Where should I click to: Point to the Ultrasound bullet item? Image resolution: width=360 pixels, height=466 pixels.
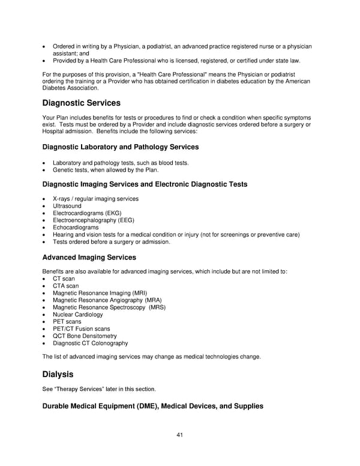tap(67, 206)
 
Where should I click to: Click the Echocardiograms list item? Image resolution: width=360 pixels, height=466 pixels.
tap(76, 228)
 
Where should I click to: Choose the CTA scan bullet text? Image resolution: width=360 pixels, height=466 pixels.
tap(65, 286)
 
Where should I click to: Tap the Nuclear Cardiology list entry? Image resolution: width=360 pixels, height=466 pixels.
tap(77, 315)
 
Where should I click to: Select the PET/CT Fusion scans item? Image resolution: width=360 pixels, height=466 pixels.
tap(81, 329)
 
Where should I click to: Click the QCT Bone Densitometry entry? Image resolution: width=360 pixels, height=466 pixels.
tap(85, 336)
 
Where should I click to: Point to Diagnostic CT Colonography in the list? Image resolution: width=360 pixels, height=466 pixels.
tap(90, 343)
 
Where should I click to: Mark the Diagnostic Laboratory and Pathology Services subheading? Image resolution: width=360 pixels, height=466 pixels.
tap(121, 147)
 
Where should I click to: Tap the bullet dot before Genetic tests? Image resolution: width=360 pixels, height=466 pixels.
tap(44, 170)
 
